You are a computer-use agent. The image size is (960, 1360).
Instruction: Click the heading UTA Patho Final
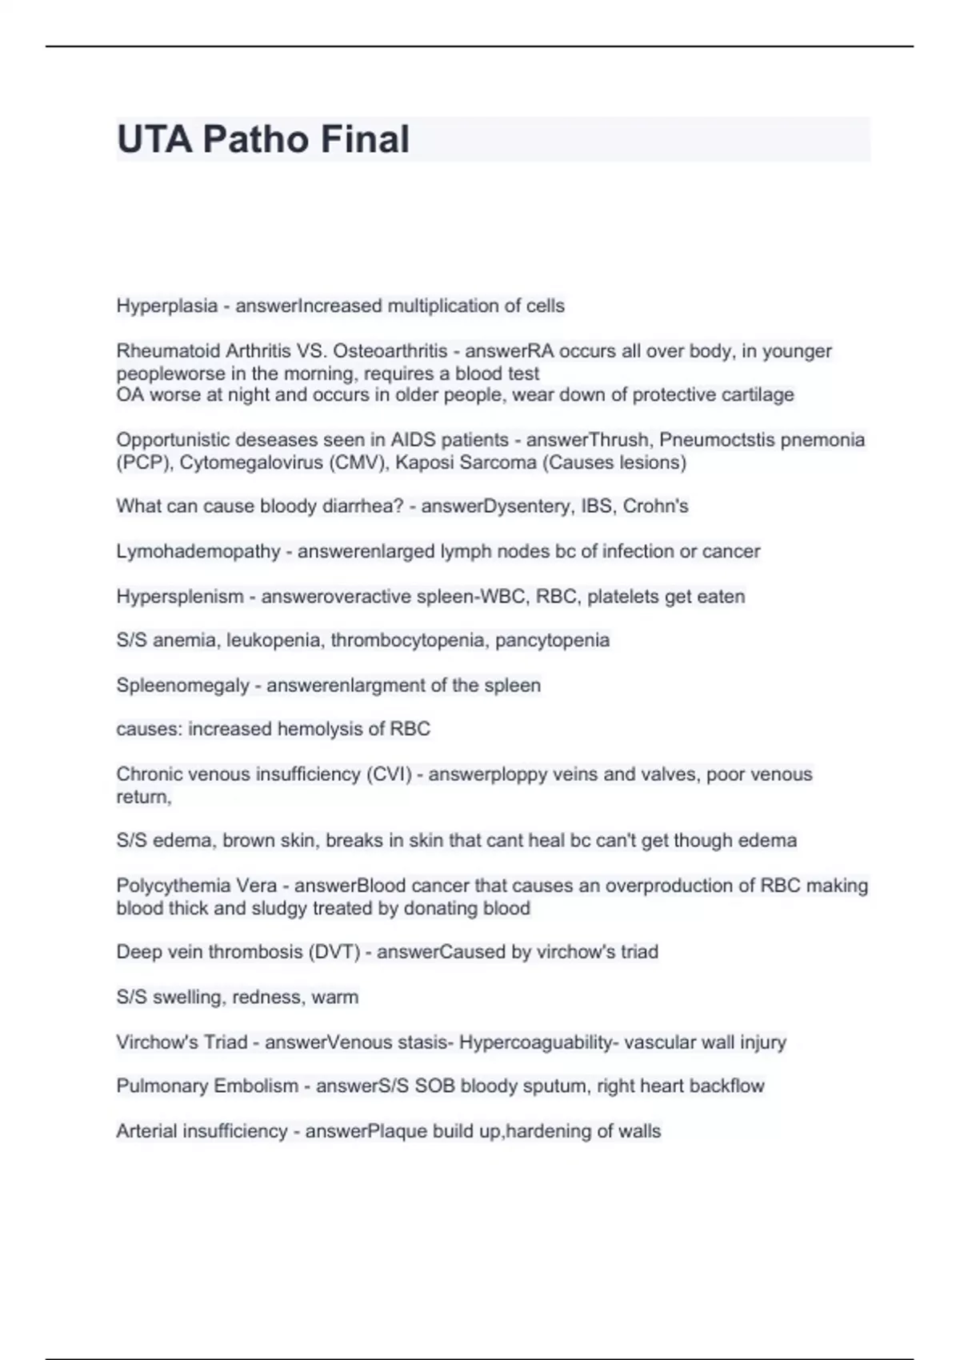(263, 139)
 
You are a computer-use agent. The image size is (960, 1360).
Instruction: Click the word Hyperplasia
(167, 306)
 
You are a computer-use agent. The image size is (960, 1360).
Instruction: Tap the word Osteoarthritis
(390, 351)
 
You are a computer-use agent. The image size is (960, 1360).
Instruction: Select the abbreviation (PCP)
(142, 462)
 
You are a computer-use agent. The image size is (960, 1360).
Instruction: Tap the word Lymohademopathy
(198, 551)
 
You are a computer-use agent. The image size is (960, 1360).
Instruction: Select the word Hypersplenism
(180, 597)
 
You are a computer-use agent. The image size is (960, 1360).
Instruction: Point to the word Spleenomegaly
(182, 686)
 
